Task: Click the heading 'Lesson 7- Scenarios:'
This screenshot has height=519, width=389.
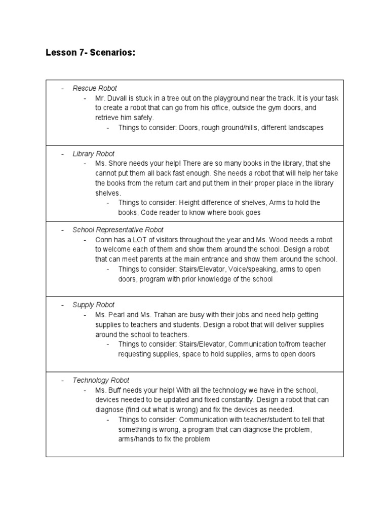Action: click(x=91, y=53)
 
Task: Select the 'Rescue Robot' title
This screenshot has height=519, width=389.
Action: click(x=95, y=88)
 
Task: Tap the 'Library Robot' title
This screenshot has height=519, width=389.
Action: click(x=94, y=154)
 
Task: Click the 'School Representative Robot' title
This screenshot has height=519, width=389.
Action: click(x=118, y=230)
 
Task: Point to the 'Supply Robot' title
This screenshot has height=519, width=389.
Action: click(x=94, y=305)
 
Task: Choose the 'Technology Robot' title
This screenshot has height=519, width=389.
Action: click(x=101, y=380)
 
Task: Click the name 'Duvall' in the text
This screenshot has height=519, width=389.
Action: click(x=120, y=98)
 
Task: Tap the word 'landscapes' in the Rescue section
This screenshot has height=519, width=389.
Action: click(x=304, y=128)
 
